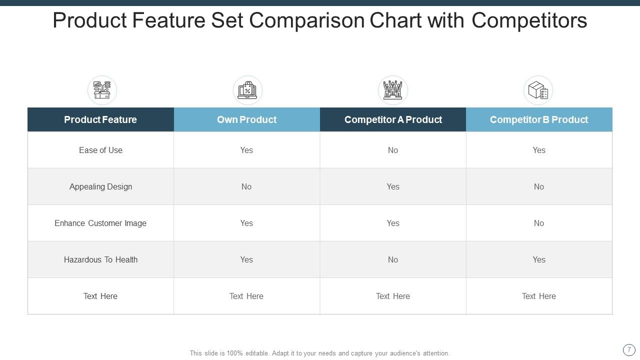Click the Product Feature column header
[100, 119]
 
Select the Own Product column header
[246, 119]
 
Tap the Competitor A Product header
[393, 119]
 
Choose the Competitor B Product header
[539, 119]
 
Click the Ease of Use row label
[100, 150]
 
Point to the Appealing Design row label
[100, 186]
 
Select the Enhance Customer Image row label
[100, 223]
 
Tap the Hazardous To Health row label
[100, 259]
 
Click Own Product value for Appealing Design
[246, 186]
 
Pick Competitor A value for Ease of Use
[393, 150]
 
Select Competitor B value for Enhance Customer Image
[539, 223]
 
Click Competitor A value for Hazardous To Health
[393, 259]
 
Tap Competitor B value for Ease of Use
[539, 150]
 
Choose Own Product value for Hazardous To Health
[246, 259]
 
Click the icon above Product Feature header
[102, 90]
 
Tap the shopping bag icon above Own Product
[247, 90]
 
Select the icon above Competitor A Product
[393, 90]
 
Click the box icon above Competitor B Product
[538, 90]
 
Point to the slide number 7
[629, 350]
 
